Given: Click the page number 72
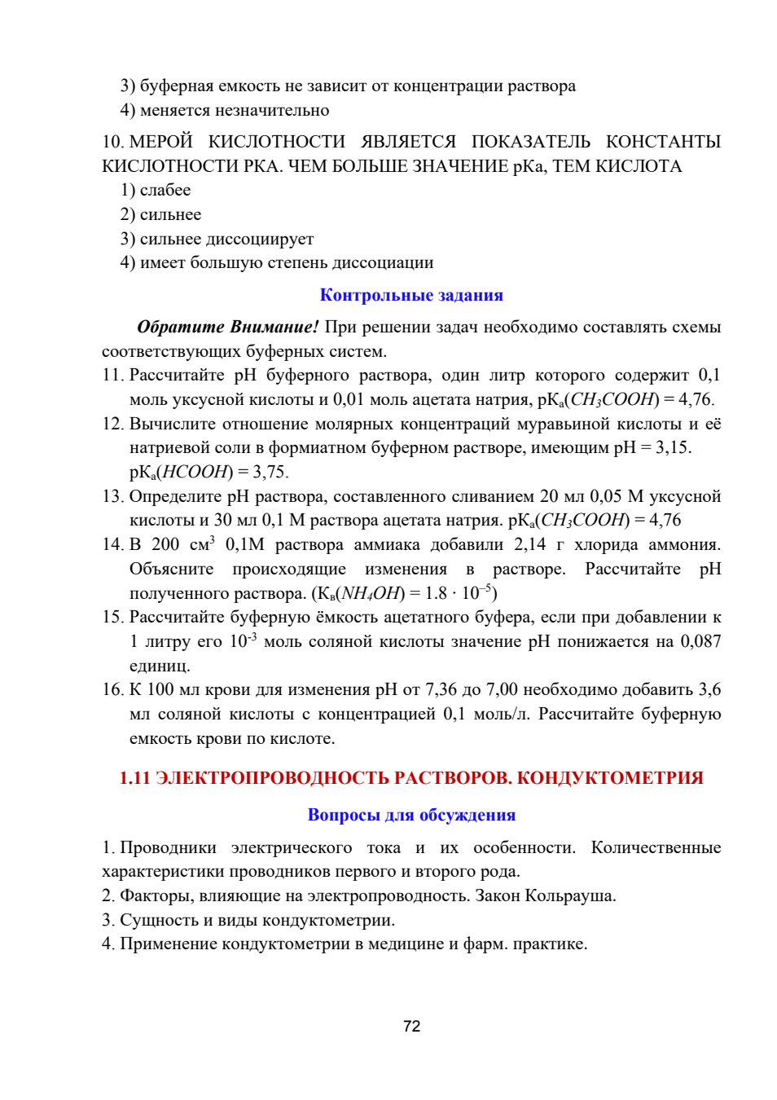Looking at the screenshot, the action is (x=411, y=1026).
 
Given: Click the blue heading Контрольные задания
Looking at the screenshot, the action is (x=411, y=295).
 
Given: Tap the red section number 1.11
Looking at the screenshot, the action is (x=135, y=778).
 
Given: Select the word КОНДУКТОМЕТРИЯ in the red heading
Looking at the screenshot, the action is (x=610, y=778).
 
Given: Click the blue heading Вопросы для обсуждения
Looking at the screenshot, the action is (x=411, y=815).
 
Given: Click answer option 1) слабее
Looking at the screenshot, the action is (x=156, y=190).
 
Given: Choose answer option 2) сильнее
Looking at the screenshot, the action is (x=161, y=214).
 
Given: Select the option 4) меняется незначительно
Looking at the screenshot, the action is (x=225, y=110).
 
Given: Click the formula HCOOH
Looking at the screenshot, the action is (x=195, y=472).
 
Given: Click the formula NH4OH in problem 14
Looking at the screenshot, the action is (x=371, y=593).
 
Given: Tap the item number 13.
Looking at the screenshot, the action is (x=112, y=496).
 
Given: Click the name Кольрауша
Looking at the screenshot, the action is (x=570, y=895).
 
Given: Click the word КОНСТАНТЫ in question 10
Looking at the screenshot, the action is (x=663, y=142).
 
